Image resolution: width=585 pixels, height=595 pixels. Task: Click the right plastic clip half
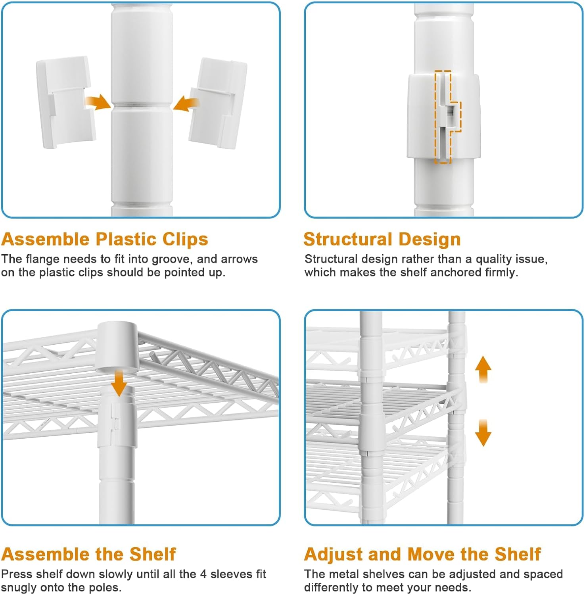point(217,104)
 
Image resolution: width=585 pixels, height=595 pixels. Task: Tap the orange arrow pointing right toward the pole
point(98,102)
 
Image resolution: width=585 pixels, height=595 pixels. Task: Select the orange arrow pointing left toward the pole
point(186,104)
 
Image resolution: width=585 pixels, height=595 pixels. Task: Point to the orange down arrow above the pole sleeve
point(119,382)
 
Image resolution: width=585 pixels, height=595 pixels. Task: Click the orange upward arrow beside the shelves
point(483,369)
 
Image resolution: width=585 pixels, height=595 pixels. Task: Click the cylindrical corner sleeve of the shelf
point(117,347)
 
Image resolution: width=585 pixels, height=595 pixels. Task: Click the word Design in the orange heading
point(430,240)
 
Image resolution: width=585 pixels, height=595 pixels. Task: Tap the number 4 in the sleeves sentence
point(203,574)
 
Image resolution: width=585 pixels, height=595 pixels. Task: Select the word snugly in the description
point(19,588)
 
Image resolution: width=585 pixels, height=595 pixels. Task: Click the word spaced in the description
point(542,575)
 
